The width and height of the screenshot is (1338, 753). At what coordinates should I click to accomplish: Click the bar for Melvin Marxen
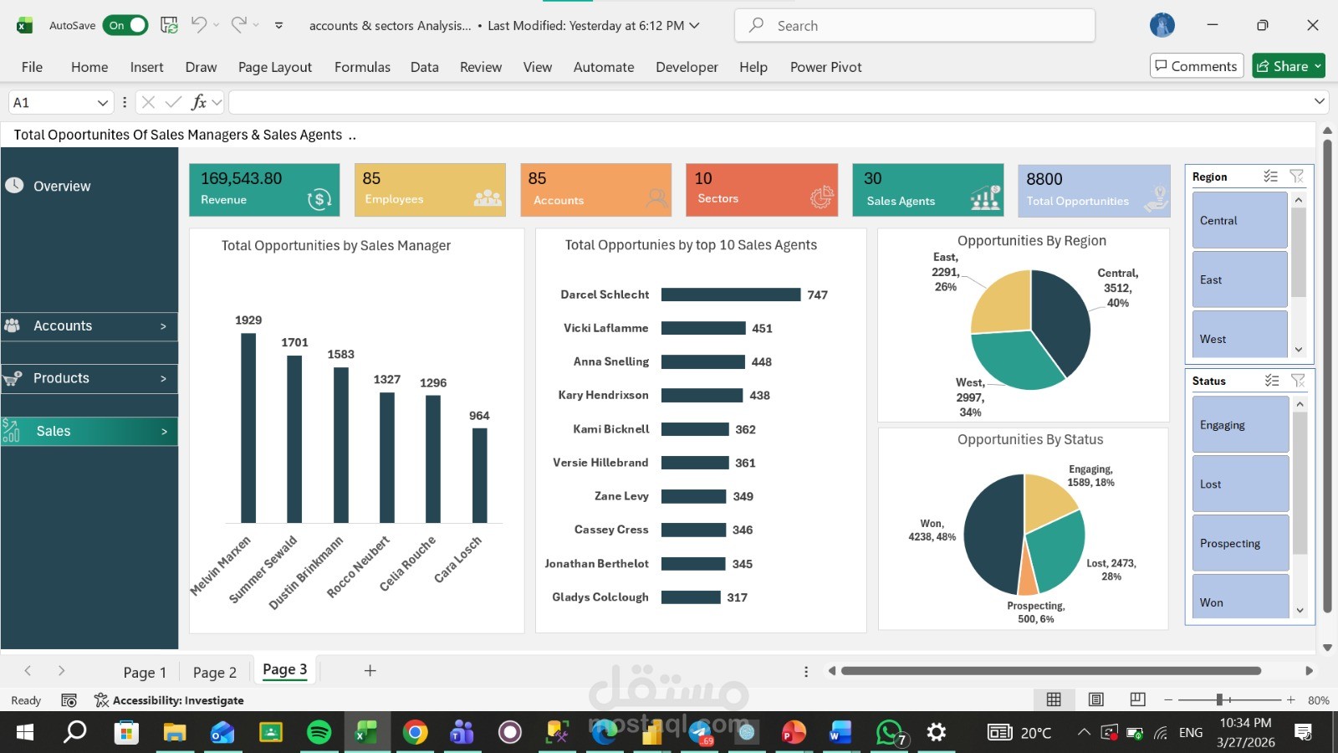[x=248, y=428]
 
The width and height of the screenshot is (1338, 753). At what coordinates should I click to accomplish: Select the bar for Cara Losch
[x=479, y=475]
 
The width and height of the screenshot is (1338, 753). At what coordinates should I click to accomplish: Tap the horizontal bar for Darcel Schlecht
[x=730, y=295]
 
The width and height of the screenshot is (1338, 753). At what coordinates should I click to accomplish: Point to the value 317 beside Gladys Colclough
[x=737, y=597]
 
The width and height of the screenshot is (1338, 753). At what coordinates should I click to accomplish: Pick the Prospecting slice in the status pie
[x=1029, y=571]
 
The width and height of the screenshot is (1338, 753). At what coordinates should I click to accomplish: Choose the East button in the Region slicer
[x=1239, y=279]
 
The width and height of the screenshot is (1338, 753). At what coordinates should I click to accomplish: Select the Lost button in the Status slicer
[x=1239, y=484]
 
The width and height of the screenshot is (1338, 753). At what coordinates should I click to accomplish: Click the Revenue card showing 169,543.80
[x=264, y=190]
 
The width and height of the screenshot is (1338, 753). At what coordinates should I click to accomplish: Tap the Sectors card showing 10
[x=761, y=190]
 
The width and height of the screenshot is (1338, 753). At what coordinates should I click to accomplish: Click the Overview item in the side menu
[x=62, y=186]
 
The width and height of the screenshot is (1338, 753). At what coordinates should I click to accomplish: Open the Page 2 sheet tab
[x=215, y=672]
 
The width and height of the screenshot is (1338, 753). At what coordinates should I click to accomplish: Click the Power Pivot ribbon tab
[x=825, y=67]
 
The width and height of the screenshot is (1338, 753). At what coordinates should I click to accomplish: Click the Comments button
[x=1196, y=66]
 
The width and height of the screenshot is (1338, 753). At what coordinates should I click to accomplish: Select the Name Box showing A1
[x=53, y=102]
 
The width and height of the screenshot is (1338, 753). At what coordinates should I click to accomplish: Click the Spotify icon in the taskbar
[x=319, y=733]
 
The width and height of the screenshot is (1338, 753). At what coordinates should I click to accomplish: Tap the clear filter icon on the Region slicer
[x=1296, y=177]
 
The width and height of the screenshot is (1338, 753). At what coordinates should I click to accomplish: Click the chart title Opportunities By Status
[x=1029, y=439]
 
